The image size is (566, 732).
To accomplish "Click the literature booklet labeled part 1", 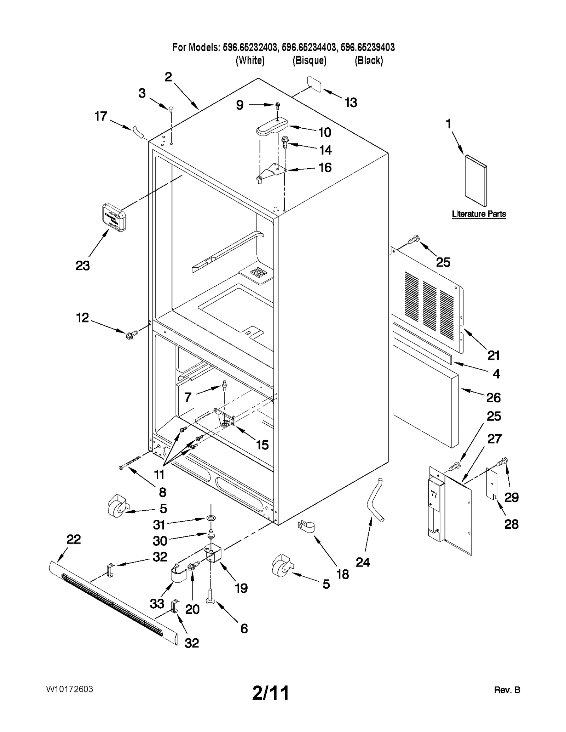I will [476, 180].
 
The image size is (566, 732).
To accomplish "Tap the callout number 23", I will [82, 266].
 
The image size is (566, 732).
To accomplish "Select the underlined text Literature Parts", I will [479, 214].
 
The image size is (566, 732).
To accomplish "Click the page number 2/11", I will [271, 692].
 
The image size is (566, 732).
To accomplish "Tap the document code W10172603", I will [69, 689].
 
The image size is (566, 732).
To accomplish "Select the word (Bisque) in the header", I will [309, 60].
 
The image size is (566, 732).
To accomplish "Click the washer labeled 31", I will [211, 518].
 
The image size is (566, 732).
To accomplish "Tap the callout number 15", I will [262, 445].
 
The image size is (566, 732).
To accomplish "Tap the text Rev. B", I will [507, 690].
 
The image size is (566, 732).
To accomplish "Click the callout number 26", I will [493, 397].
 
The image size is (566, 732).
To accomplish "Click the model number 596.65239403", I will [368, 47].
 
